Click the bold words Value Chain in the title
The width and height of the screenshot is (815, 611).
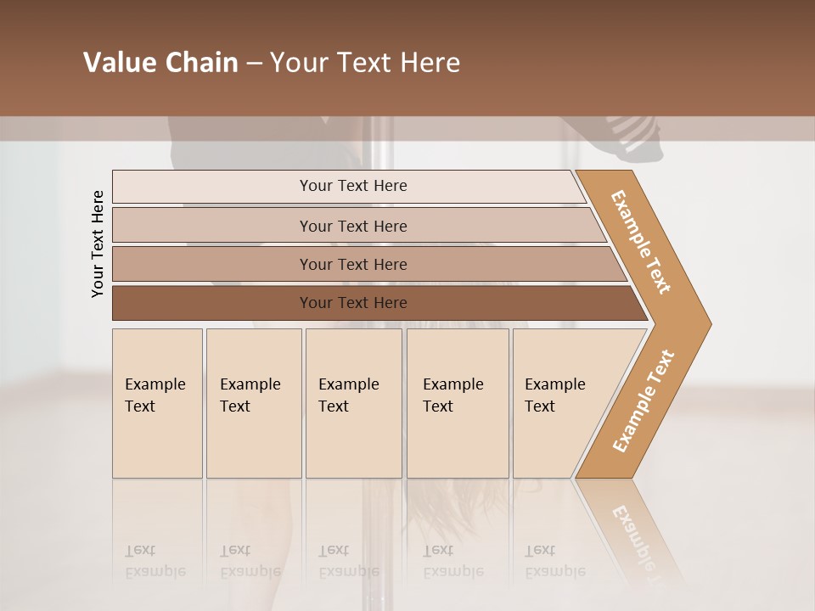pyautogui.click(x=160, y=63)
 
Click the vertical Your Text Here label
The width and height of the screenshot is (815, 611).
pyautogui.click(x=98, y=244)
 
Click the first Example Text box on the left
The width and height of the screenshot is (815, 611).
pyautogui.click(x=157, y=403)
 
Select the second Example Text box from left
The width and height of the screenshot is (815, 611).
pyautogui.click(x=254, y=403)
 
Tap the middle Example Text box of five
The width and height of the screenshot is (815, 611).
pyautogui.click(x=353, y=403)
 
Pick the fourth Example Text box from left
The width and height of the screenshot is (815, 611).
pyautogui.click(x=458, y=403)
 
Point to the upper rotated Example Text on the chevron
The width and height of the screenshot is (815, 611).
pyautogui.click(x=641, y=242)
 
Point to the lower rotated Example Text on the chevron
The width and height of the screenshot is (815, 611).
pyautogui.click(x=644, y=401)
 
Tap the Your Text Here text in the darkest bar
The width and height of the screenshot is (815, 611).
pyautogui.click(x=353, y=303)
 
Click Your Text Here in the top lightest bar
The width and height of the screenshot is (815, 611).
pyautogui.click(x=353, y=186)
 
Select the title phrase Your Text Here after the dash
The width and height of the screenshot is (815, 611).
pyautogui.click(x=365, y=63)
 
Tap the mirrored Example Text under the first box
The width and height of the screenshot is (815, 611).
pyautogui.click(x=155, y=562)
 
